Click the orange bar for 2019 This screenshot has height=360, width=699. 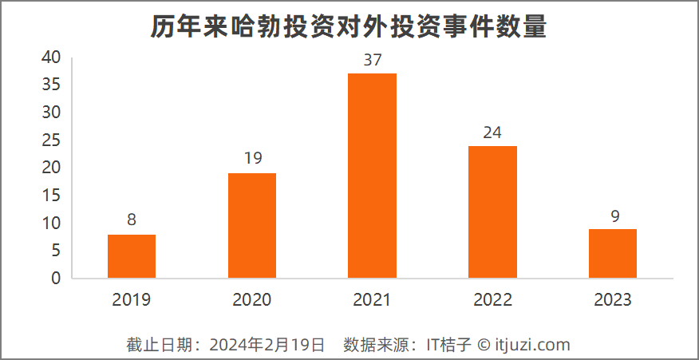[132, 256]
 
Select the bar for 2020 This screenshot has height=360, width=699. [252, 226]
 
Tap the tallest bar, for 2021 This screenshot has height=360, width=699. [372, 176]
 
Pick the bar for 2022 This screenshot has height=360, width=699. [492, 212]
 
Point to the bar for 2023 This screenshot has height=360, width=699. [613, 254]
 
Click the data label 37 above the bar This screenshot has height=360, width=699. [372, 60]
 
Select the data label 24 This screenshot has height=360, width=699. [492, 133]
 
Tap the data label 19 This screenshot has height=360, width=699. [252, 159]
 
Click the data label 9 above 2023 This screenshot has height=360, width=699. [613, 216]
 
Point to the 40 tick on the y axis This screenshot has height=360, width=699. [52, 57]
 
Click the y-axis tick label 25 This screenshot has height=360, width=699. [52, 140]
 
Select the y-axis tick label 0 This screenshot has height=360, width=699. [56, 279]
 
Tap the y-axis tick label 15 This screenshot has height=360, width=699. [52, 196]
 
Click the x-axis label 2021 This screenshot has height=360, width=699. [372, 300]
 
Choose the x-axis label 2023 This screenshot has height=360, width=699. [613, 300]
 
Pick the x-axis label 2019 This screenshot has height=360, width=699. [132, 300]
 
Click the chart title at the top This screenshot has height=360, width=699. [349, 26]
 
